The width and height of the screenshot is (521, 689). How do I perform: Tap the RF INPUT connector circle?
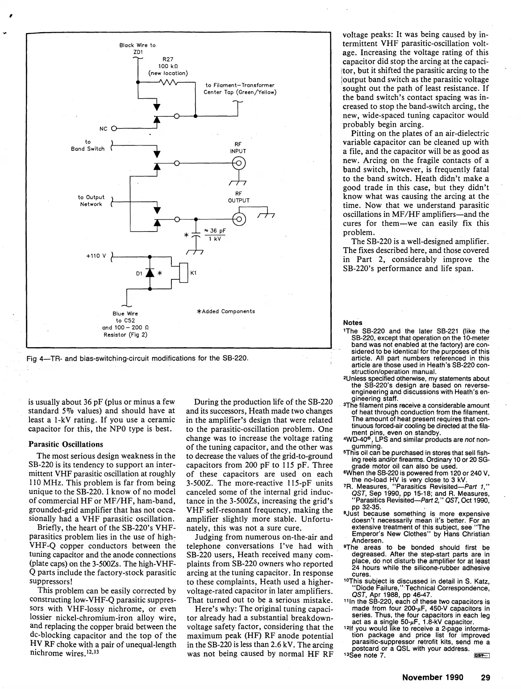pos(238,163)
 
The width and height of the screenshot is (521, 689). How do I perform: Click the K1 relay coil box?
pos(184,273)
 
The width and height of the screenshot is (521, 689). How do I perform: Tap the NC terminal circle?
pos(113,129)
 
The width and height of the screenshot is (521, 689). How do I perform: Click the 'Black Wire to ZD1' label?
pos(138,48)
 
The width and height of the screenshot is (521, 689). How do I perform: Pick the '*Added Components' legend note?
pos(225,311)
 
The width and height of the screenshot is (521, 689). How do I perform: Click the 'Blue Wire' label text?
pos(125,314)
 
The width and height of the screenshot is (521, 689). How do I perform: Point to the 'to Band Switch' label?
pos(88,145)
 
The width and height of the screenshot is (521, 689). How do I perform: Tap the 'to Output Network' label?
pos(91,201)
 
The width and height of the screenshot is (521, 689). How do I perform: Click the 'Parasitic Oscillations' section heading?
pos(66,444)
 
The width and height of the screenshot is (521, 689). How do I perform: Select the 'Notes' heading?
pos(353,323)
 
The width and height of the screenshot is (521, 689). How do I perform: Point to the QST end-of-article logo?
pos(483,656)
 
